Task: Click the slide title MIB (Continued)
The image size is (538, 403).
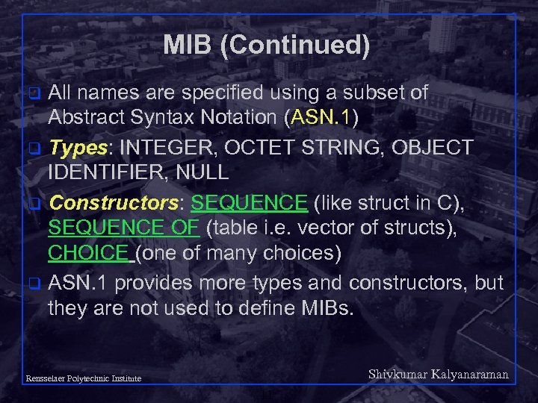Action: point(267,46)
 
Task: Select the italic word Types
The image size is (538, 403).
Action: point(78,147)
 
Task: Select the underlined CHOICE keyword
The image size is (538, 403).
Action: point(88,254)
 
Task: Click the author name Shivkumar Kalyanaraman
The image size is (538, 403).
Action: point(439,374)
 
